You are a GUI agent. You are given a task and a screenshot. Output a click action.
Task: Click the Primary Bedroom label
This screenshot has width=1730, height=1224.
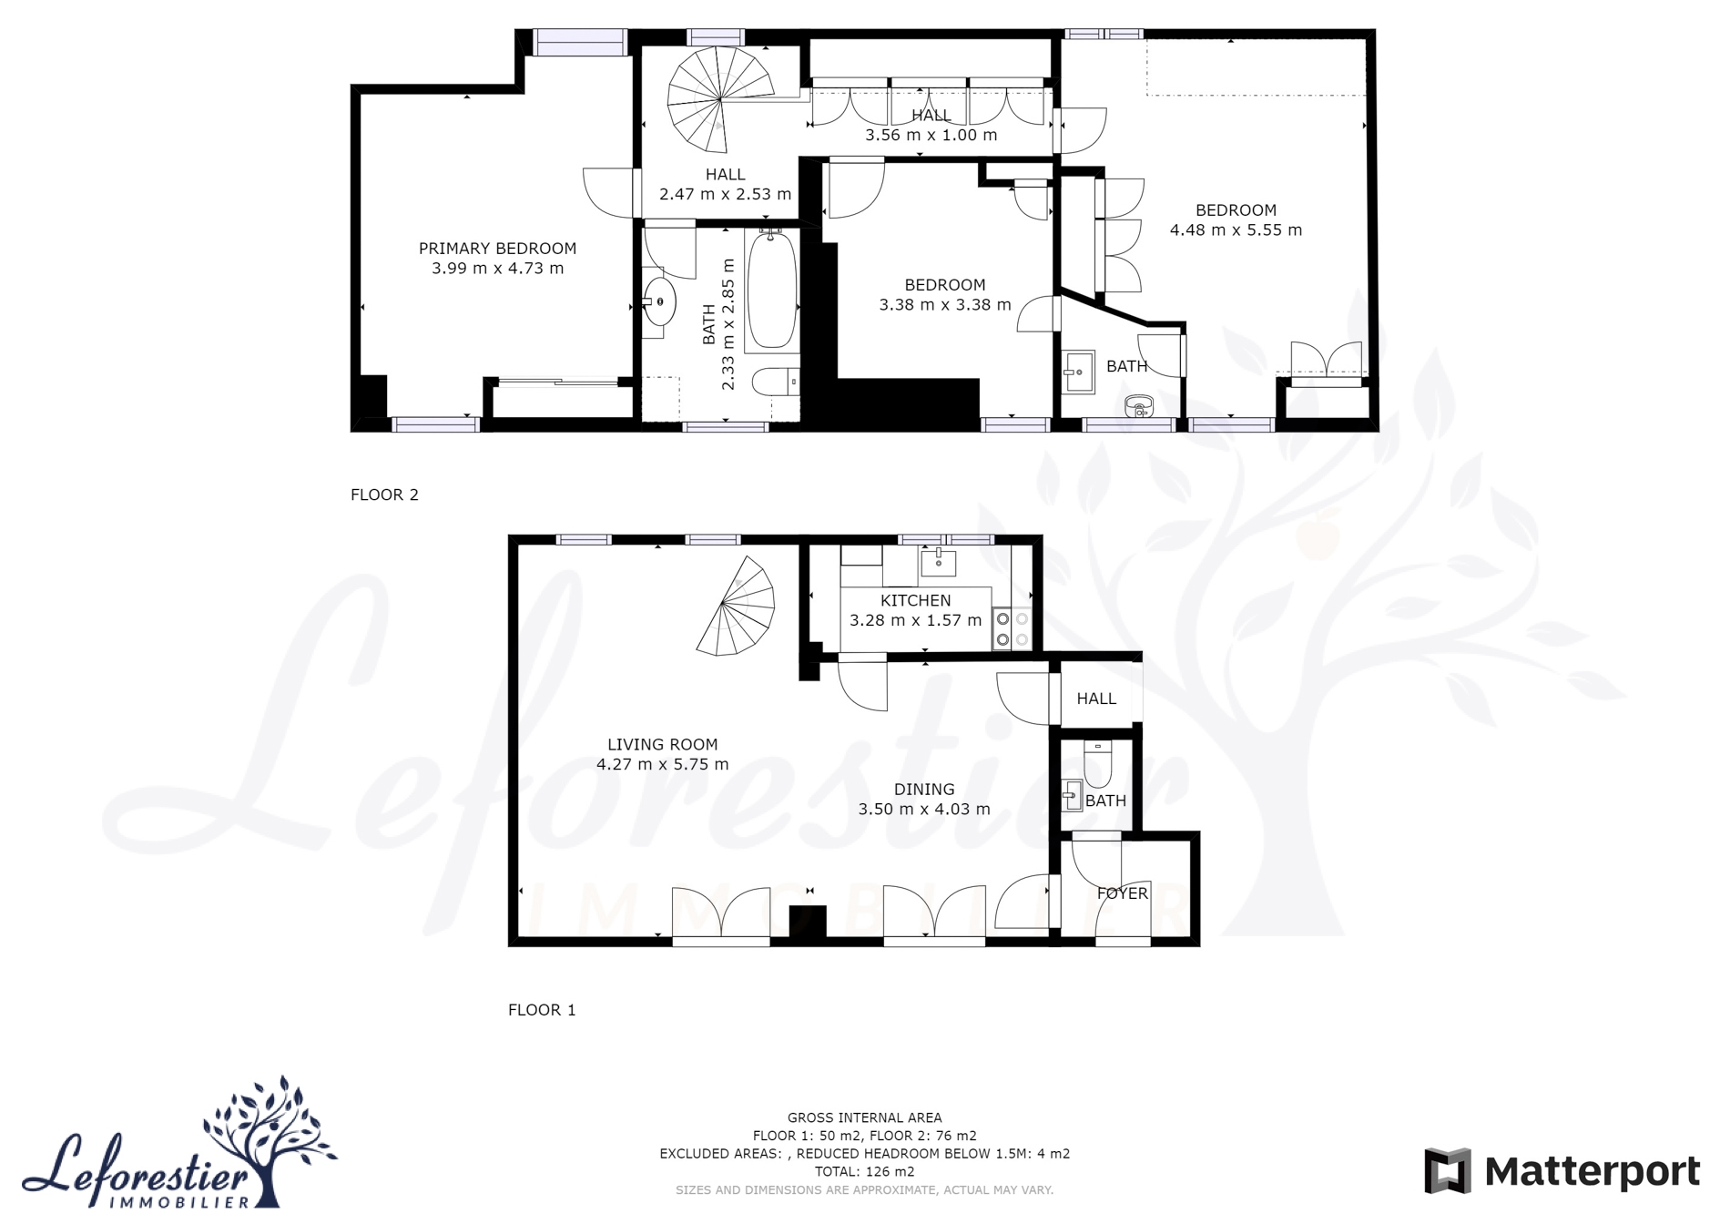(497, 249)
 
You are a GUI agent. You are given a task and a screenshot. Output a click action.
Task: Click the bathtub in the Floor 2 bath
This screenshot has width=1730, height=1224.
(771, 290)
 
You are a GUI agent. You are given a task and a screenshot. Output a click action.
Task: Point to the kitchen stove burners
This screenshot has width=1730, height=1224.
(1012, 628)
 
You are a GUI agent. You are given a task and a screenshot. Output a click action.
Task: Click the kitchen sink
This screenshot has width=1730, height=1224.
(938, 562)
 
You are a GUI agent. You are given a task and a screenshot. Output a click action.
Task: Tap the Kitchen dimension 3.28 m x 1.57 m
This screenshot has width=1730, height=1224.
(916, 621)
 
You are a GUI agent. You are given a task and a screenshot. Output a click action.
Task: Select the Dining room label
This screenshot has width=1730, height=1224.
(924, 790)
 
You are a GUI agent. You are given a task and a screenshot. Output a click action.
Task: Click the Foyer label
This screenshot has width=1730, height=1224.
(1123, 893)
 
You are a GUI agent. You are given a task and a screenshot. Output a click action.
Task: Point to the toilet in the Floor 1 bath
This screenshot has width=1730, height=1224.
(1098, 765)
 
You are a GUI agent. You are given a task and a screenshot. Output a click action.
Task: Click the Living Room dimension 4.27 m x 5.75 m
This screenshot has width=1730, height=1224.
(663, 765)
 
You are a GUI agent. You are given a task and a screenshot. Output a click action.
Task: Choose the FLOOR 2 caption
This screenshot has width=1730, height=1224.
(384, 495)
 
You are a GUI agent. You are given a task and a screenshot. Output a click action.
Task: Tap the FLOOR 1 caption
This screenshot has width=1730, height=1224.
(542, 1010)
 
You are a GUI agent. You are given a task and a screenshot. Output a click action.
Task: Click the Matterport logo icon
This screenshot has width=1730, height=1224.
(1448, 1171)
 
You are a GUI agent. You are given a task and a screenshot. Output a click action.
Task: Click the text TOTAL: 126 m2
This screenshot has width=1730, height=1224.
(865, 1172)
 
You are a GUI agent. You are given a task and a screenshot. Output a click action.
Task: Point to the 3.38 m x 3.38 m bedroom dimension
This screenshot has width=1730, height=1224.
(945, 305)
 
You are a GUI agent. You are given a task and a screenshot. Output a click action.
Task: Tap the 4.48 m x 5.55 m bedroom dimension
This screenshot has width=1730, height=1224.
(1236, 230)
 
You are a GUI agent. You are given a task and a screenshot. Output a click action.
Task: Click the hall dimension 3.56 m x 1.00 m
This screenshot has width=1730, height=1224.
(931, 136)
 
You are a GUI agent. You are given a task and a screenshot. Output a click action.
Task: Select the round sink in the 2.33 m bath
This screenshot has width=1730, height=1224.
(659, 301)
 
